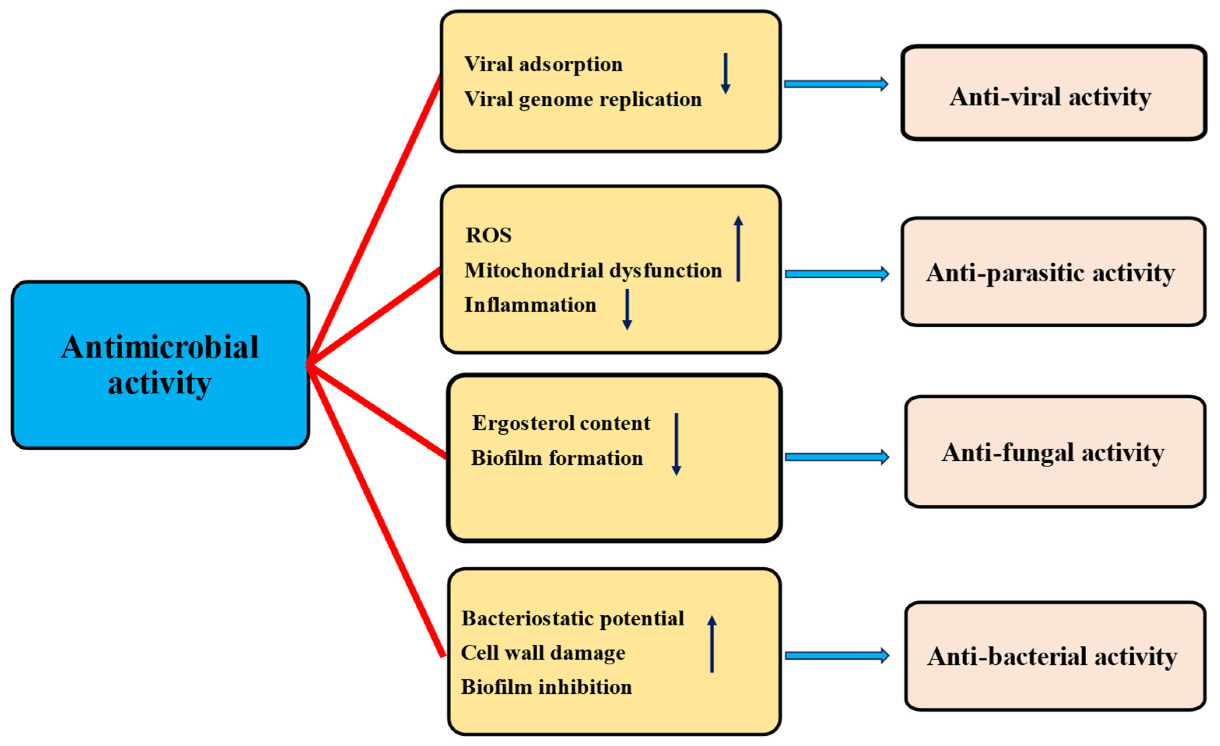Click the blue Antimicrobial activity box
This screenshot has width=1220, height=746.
tap(160, 365)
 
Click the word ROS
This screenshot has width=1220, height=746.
tap(488, 235)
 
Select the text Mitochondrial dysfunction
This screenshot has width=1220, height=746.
tap(592, 271)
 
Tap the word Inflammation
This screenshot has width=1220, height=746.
tap(530, 305)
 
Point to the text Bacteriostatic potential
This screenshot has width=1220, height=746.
tap(572, 618)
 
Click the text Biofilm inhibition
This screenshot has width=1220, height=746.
tap(546, 687)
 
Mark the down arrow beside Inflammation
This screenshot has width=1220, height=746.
tap(627, 309)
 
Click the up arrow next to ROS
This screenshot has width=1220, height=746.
tap(738, 249)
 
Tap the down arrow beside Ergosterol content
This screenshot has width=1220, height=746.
tap(676, 444)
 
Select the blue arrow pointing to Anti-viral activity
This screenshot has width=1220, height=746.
tap(836, 84)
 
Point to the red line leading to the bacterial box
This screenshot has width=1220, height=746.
tap(376, 513)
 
